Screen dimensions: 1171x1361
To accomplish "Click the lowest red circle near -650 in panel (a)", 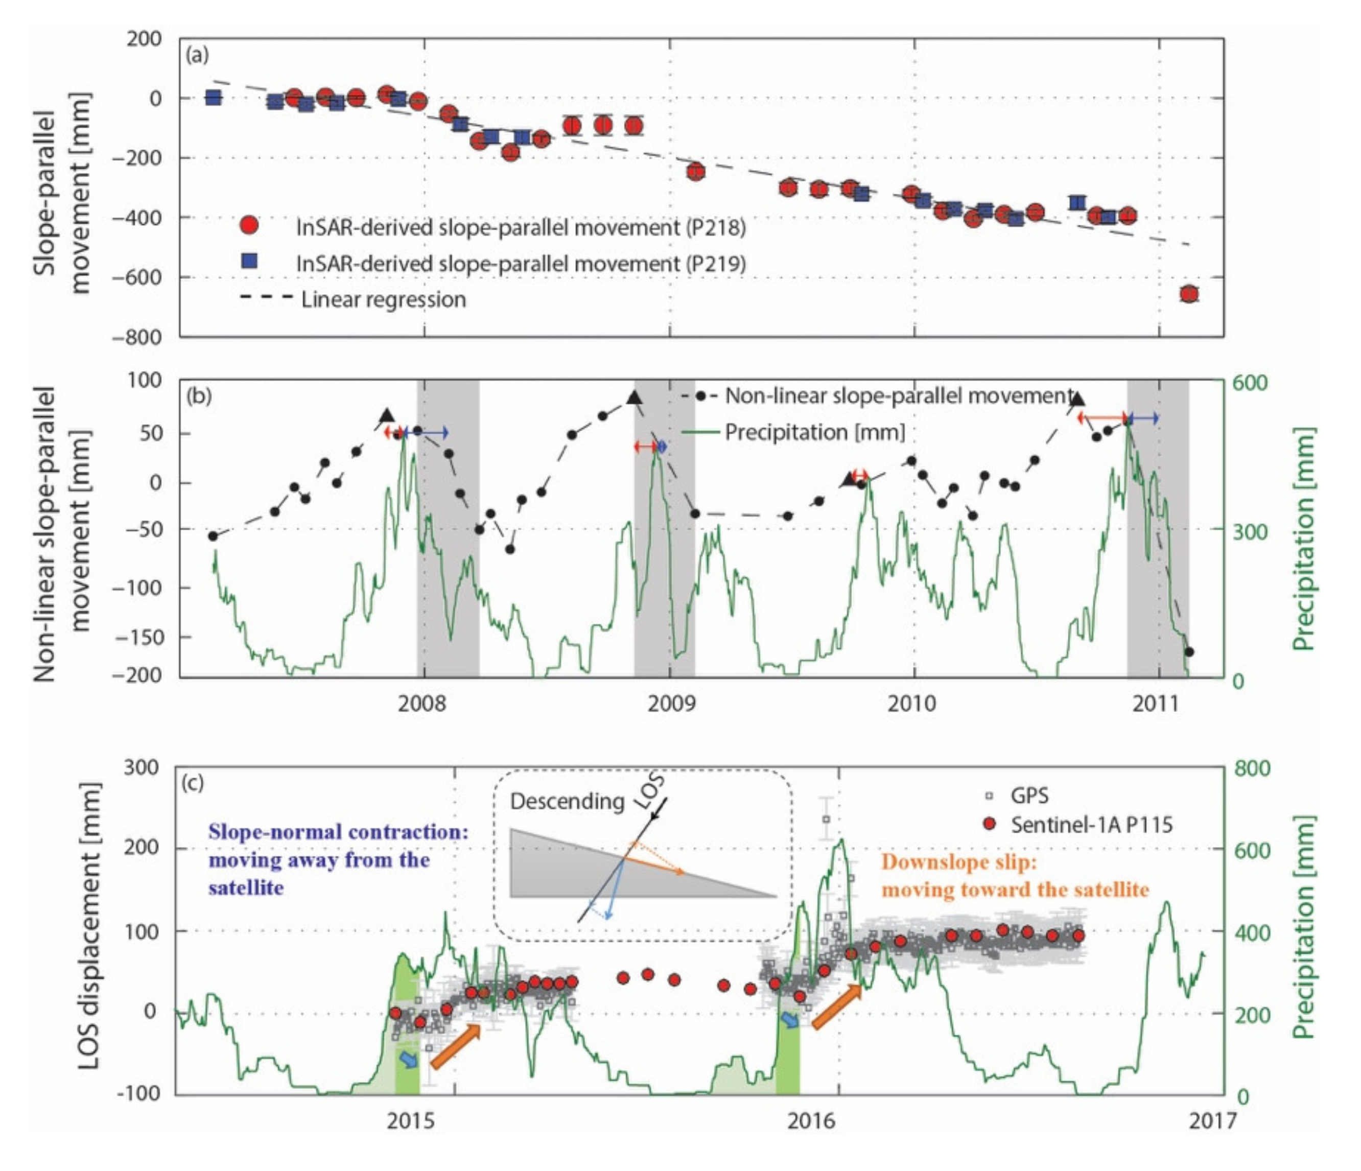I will tap(1189, 294).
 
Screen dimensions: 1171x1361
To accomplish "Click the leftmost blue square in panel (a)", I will tap(213, 98).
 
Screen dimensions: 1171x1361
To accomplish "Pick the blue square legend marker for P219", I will tap(250, 262).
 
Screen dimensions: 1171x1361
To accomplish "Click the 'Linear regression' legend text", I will tap(384, 299).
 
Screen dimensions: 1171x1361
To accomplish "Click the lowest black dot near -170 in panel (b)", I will tap(1189, 652).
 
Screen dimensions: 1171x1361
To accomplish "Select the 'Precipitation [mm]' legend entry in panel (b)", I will tap(814, 432).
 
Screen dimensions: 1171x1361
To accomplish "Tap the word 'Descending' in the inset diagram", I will tap(567, 802).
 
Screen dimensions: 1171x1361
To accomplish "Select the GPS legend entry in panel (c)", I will tap(1028, 795).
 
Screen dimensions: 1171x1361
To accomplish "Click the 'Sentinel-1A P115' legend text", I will tap(1091, 825).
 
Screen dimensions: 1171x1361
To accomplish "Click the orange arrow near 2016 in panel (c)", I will tap(836, 1007).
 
